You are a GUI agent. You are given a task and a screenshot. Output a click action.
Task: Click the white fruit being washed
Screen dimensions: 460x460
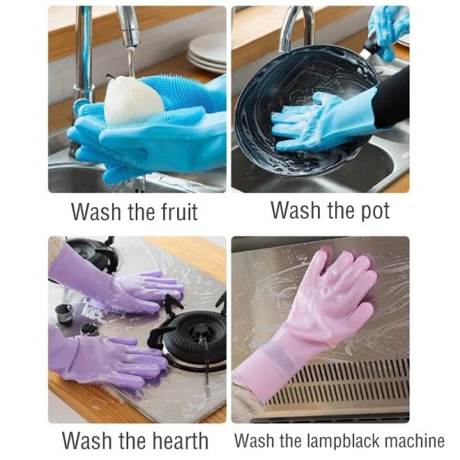pyautogui.click(x=133, y=100)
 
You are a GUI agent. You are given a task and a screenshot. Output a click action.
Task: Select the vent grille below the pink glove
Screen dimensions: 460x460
pyautogui.click(x=353, y=387)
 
